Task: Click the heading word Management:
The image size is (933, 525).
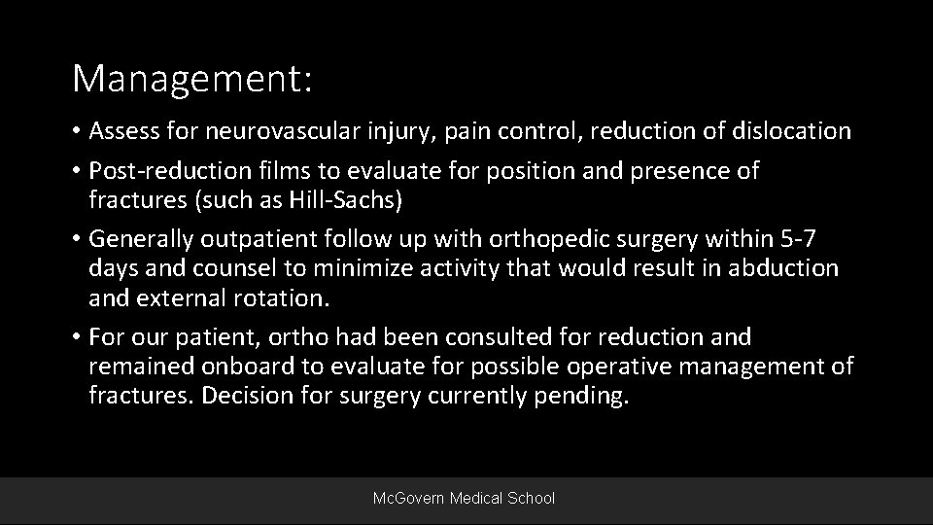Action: coord(192,79)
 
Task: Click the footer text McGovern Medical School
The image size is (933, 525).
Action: coord(465,498)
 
